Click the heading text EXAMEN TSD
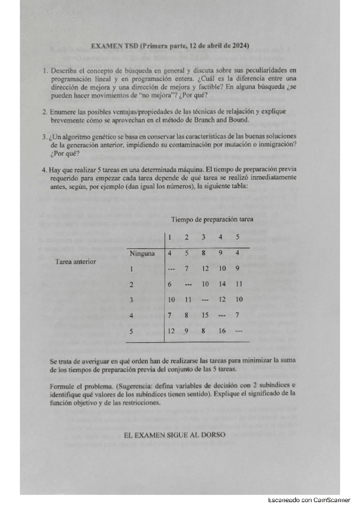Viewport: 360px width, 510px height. [x=114, y=46]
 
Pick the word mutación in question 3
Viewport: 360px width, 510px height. [x=224, y=145]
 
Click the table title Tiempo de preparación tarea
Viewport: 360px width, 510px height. [x=212, y=220]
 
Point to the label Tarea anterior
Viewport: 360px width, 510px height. [x=75, y=262]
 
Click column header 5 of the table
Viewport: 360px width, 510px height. [x=237, y=236]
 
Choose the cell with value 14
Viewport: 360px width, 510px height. [x=222, y=284]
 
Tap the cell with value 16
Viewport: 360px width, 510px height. [x=222, y=330]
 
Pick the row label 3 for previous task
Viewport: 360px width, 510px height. [x=130, y=299]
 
